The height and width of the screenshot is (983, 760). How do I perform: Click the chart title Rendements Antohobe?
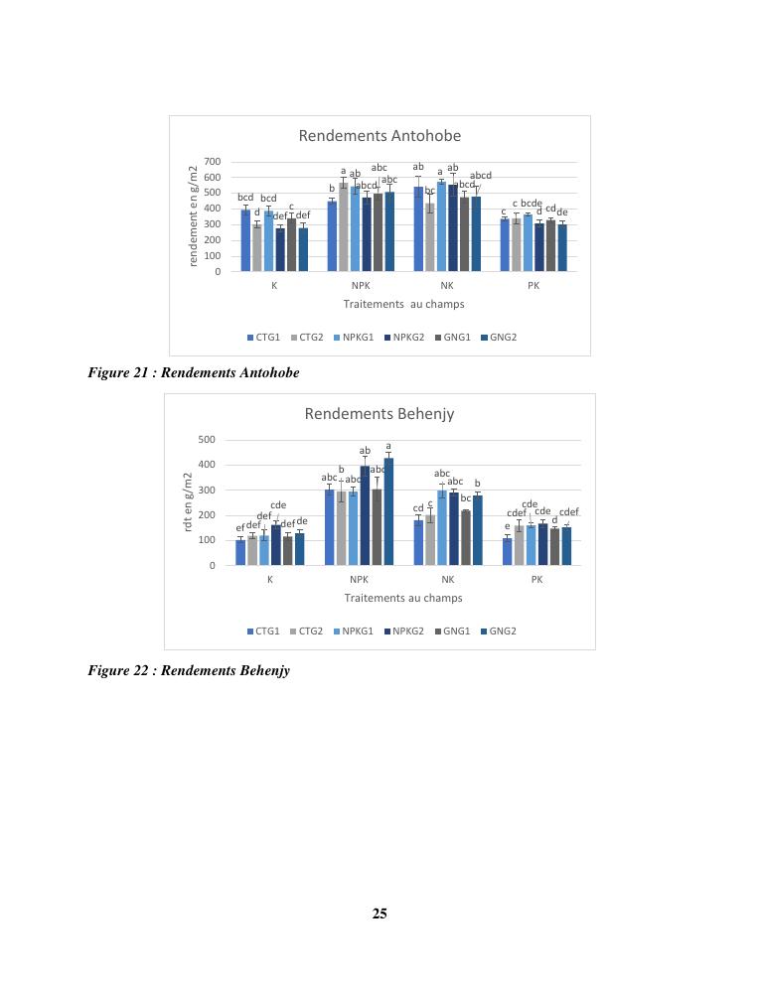tap(380, 136)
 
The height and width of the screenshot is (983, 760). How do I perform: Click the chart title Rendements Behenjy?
tap(380, 413)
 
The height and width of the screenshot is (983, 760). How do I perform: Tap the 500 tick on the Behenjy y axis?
tap(206, 440)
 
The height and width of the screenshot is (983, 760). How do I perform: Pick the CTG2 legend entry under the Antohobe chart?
tap(306, 338)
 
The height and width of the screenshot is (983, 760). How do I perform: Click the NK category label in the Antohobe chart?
tap(447, 286)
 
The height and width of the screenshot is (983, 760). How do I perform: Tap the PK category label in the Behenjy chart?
tap(536, 579)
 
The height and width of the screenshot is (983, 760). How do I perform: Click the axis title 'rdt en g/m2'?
tap(189, 500)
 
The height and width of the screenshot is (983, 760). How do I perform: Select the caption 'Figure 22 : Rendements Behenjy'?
tap(189, 670)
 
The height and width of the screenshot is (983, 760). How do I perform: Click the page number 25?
tap(380, 913)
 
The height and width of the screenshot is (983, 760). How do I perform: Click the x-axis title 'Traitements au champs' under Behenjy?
tap(403, 598)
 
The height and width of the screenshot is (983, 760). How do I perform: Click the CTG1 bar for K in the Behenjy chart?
tap(240, 553)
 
